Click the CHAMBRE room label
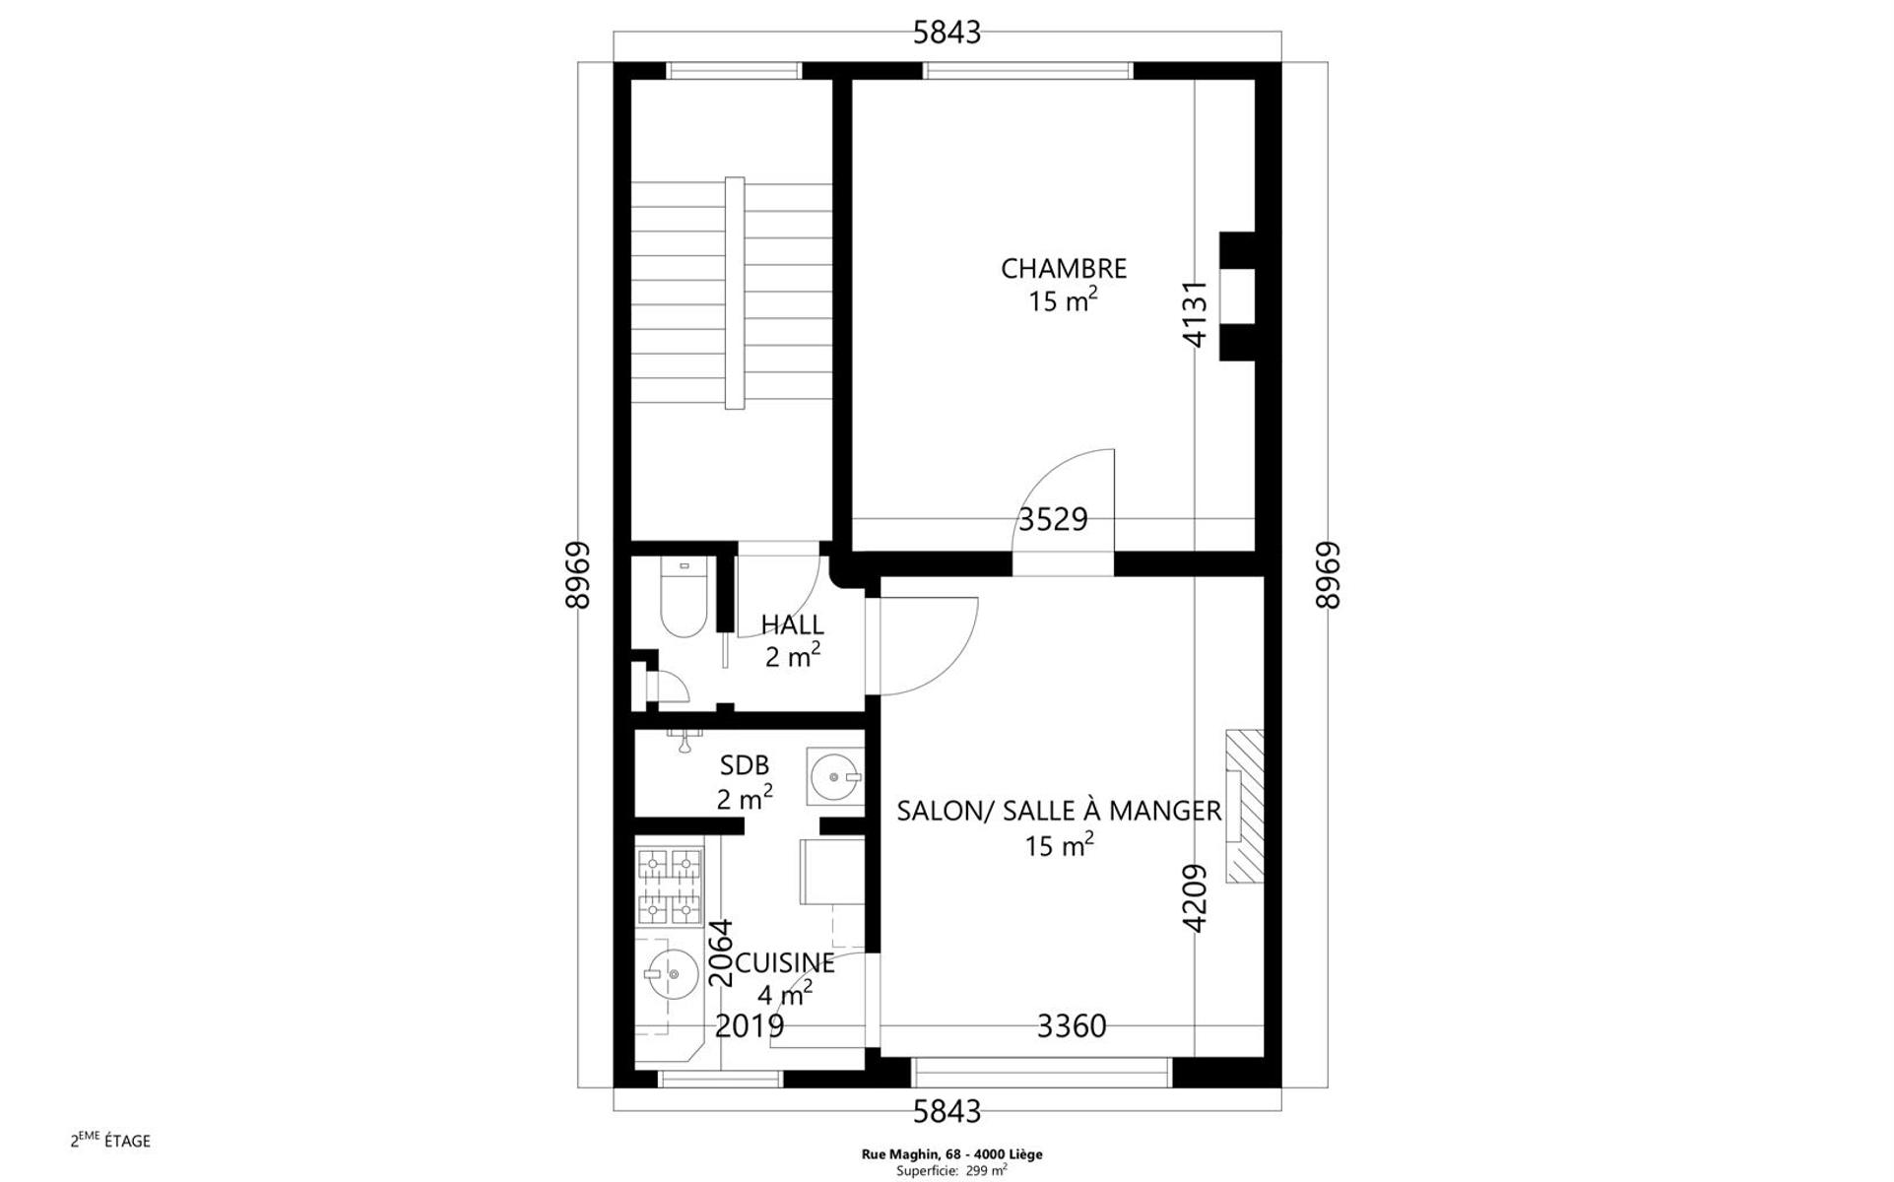pos(1064,268)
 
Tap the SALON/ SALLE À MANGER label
pos(1059,811)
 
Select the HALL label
pos(792,624)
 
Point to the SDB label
pos(745,765)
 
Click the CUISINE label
pos(786,962)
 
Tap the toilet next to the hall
pos(684,597)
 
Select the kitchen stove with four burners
pos(670,887)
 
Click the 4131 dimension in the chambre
pos(1194,314)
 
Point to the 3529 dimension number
pos(1053,519)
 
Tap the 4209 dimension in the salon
pos(1194,898)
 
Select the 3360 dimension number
pos(1072,1026)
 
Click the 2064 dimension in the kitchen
pos(722,952)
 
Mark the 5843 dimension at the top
pos(947,33)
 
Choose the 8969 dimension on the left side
pos(577,575)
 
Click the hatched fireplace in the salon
pos(1244,807)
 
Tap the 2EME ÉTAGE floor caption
pos(110,1141)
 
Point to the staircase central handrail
pos(735,294)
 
